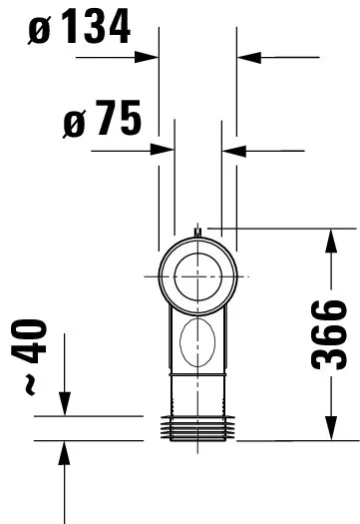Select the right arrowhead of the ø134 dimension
[245, 58]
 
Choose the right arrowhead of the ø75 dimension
[230, 151]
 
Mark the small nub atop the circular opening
[197, 234]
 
